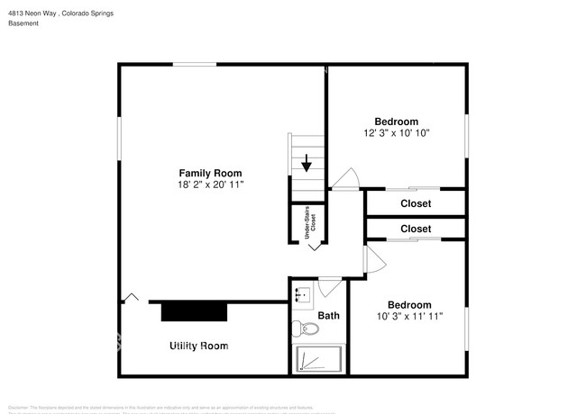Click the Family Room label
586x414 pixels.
[210, 173]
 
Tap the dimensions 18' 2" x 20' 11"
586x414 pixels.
[211, 184]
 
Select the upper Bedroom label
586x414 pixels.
[397, 121]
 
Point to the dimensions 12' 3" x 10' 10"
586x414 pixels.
[397, 133]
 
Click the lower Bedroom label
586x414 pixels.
[409, 304]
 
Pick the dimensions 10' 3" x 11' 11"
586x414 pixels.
[409, 316]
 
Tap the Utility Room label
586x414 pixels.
[199, 346]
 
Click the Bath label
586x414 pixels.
[328, 316]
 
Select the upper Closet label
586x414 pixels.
[416, 203]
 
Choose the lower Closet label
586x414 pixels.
[416, 229]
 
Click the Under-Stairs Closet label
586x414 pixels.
[307, 222]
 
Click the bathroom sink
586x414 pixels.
[302, 294]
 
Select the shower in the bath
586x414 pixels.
[319, 360]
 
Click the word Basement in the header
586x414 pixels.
[23, 23]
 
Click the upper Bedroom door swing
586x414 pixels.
[348, 180]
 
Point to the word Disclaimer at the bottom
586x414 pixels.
[18, 406]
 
